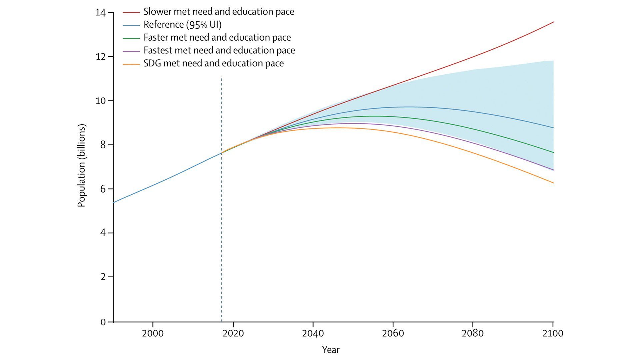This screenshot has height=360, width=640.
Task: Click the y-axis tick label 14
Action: [x=100, y=13]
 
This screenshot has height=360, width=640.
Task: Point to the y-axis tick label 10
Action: [x=100, y=101]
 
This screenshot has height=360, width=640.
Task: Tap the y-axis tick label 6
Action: [x=102, y=189]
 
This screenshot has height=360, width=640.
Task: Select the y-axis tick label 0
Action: [x=103, y=322]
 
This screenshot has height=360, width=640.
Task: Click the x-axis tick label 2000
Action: [x=153, y=333]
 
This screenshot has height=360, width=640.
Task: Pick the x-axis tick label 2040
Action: [x=313, y=333]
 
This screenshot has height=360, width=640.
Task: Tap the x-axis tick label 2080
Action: [x=472, y=333]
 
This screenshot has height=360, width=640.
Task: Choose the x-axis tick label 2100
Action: [x=552, y=333]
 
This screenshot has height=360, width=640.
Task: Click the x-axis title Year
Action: [x=330, y=350]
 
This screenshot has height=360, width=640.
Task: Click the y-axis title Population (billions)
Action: [x=82, y=165]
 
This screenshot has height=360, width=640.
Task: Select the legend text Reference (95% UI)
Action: [x=182, y=25]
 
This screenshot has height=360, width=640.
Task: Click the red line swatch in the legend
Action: [x=131, y=12]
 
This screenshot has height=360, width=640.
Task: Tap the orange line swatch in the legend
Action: [x=131, y=64]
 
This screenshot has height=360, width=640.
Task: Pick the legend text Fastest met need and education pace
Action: [x=219, y=50]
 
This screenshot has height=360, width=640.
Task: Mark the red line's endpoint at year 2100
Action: [x=553, y=22]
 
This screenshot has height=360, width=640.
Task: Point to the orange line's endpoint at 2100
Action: [x=553, y=183]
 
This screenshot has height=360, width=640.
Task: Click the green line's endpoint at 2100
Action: [x=553, y=153]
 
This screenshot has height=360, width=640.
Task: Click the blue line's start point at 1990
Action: [x=114, y=202]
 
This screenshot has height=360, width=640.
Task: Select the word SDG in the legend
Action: [x=152, y=63]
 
